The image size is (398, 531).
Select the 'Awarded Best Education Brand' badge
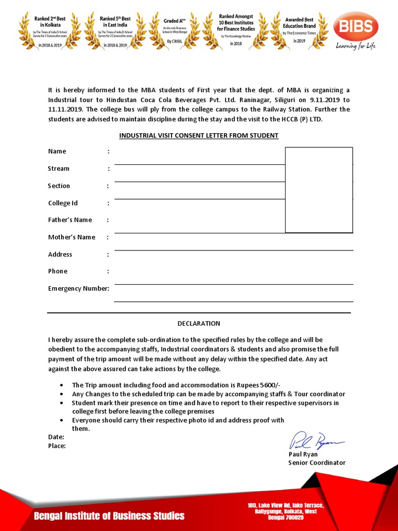(x=299, y=30)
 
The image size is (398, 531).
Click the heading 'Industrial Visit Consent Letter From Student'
(x=198, y=136)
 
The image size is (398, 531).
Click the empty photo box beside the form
(x=319, y=189)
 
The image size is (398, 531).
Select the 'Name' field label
(x=57, y=151)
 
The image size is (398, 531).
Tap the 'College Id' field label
(x=63, y=203)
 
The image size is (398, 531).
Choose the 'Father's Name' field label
(x=70, y=220)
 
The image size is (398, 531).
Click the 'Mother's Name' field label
(x=72, y=237)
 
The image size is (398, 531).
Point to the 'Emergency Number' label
(x=78, y=288)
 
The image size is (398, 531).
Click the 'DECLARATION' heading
(x=198, y=324)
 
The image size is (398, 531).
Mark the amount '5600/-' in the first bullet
(x=269, y=385)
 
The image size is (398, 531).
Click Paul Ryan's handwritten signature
(x=316, y=441)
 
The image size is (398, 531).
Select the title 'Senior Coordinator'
(x=317, y=463)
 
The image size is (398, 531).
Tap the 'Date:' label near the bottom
(x=56, y=437)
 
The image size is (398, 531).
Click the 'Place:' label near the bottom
(x=57, y=445)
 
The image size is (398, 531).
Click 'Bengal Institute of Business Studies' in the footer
(x=109, y=516)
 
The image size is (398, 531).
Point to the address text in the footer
(x=286, y=511)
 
